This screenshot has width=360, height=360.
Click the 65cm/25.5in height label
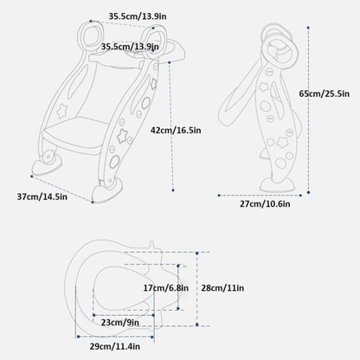(x=324, y=93)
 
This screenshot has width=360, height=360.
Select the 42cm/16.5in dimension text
(x=176, y=131)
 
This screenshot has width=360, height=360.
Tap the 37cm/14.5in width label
(x=42, y=196)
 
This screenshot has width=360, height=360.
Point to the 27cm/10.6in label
(x=265, y=204)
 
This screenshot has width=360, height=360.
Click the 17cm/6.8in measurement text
(x=166, y=288)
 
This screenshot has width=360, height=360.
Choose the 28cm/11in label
(x=222, y=288)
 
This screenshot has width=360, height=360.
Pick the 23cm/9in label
(x=120, y=323)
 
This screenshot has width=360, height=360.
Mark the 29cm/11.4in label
(x=115, y=346)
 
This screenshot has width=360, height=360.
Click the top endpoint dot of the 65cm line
(x=308, y=28)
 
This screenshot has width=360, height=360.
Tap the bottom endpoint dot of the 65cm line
(x=308, y=192)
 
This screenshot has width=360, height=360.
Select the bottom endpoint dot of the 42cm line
(x=173, y=190)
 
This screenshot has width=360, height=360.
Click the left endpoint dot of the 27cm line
(x=219, y=196)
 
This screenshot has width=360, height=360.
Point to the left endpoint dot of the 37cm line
(x=32, y=176)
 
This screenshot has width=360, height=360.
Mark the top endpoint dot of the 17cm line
(x=178, y=266)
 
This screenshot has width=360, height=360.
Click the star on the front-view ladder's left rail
(x=61, y=111)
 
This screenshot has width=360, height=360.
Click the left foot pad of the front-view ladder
(x=46, y=167)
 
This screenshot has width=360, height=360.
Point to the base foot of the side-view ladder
(x=278, y=185)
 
